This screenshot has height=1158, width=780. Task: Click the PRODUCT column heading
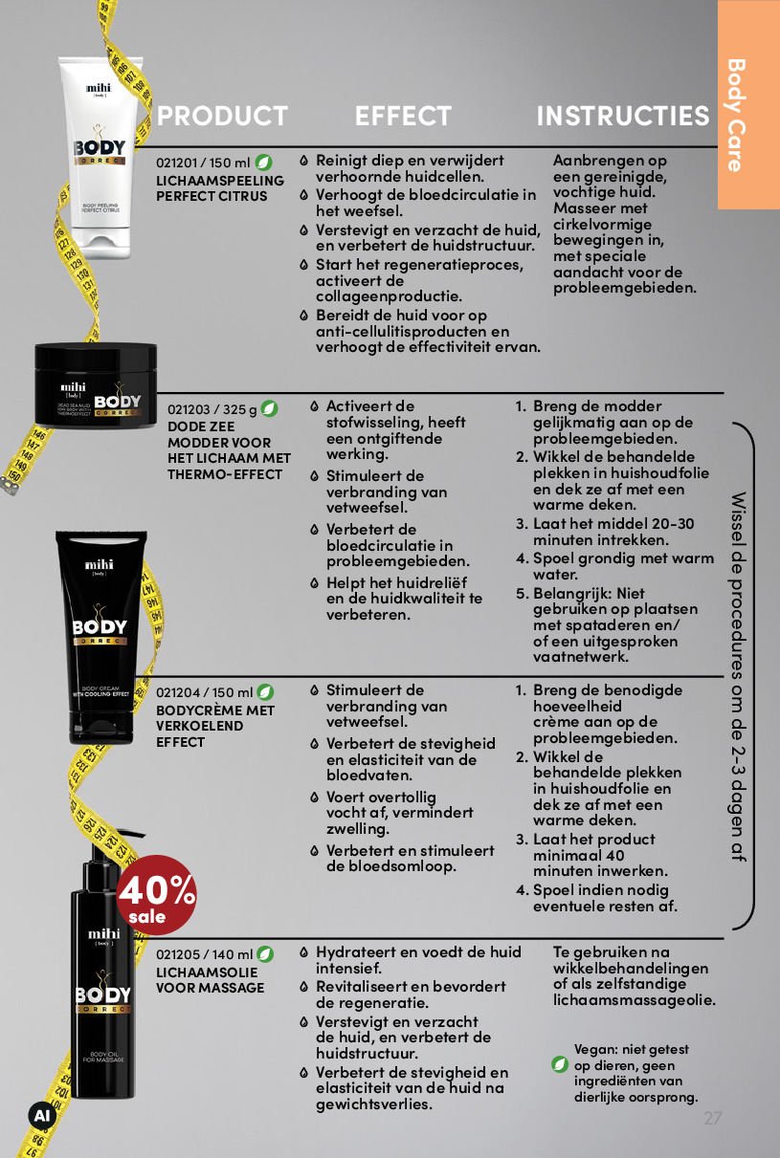tap(222, 116)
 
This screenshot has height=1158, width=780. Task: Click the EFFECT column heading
tap(403, 116)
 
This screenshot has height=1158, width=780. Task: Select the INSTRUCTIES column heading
tap(623, 116)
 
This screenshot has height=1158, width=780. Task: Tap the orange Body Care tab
tap(748, 104)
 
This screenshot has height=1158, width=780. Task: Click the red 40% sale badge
tap(156, 895)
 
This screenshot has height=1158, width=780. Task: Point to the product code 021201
tap(177, 163)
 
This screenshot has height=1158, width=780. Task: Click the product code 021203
tap(189, 409)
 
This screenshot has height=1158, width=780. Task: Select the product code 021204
tap(177, 692)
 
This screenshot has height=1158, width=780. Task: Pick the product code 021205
tap(177, 955)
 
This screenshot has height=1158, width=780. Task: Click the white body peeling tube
tap(100, 158)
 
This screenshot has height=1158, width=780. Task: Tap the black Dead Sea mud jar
tap(96, 385)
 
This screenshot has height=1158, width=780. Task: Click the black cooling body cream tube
tap(100, 637)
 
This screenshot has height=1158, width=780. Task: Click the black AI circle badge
tap(42, 1116)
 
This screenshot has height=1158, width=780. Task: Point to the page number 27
tap(713, 1118)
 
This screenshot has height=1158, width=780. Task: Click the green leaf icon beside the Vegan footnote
tap(560, 1065)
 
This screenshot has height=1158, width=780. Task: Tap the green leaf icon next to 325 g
tap(269, 409)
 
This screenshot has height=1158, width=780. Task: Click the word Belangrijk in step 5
tap(572, 594)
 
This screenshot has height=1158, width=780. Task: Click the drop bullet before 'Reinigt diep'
tap(304, 161)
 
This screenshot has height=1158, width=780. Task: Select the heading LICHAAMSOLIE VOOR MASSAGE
tap(210, 980)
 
